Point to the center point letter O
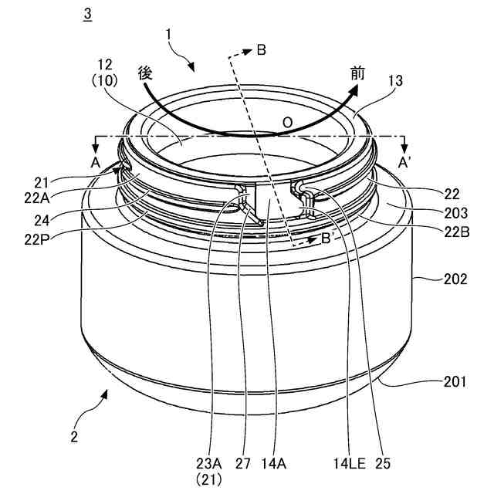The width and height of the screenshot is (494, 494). pyautogui.click(x=287, y=122)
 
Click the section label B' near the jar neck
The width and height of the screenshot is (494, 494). pyautogui.click(x=327, y=239)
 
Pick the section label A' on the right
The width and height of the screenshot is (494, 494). pyautogui.click(x=404, y=163)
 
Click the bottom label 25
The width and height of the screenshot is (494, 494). pyautogui.click(x=383, y=464)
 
